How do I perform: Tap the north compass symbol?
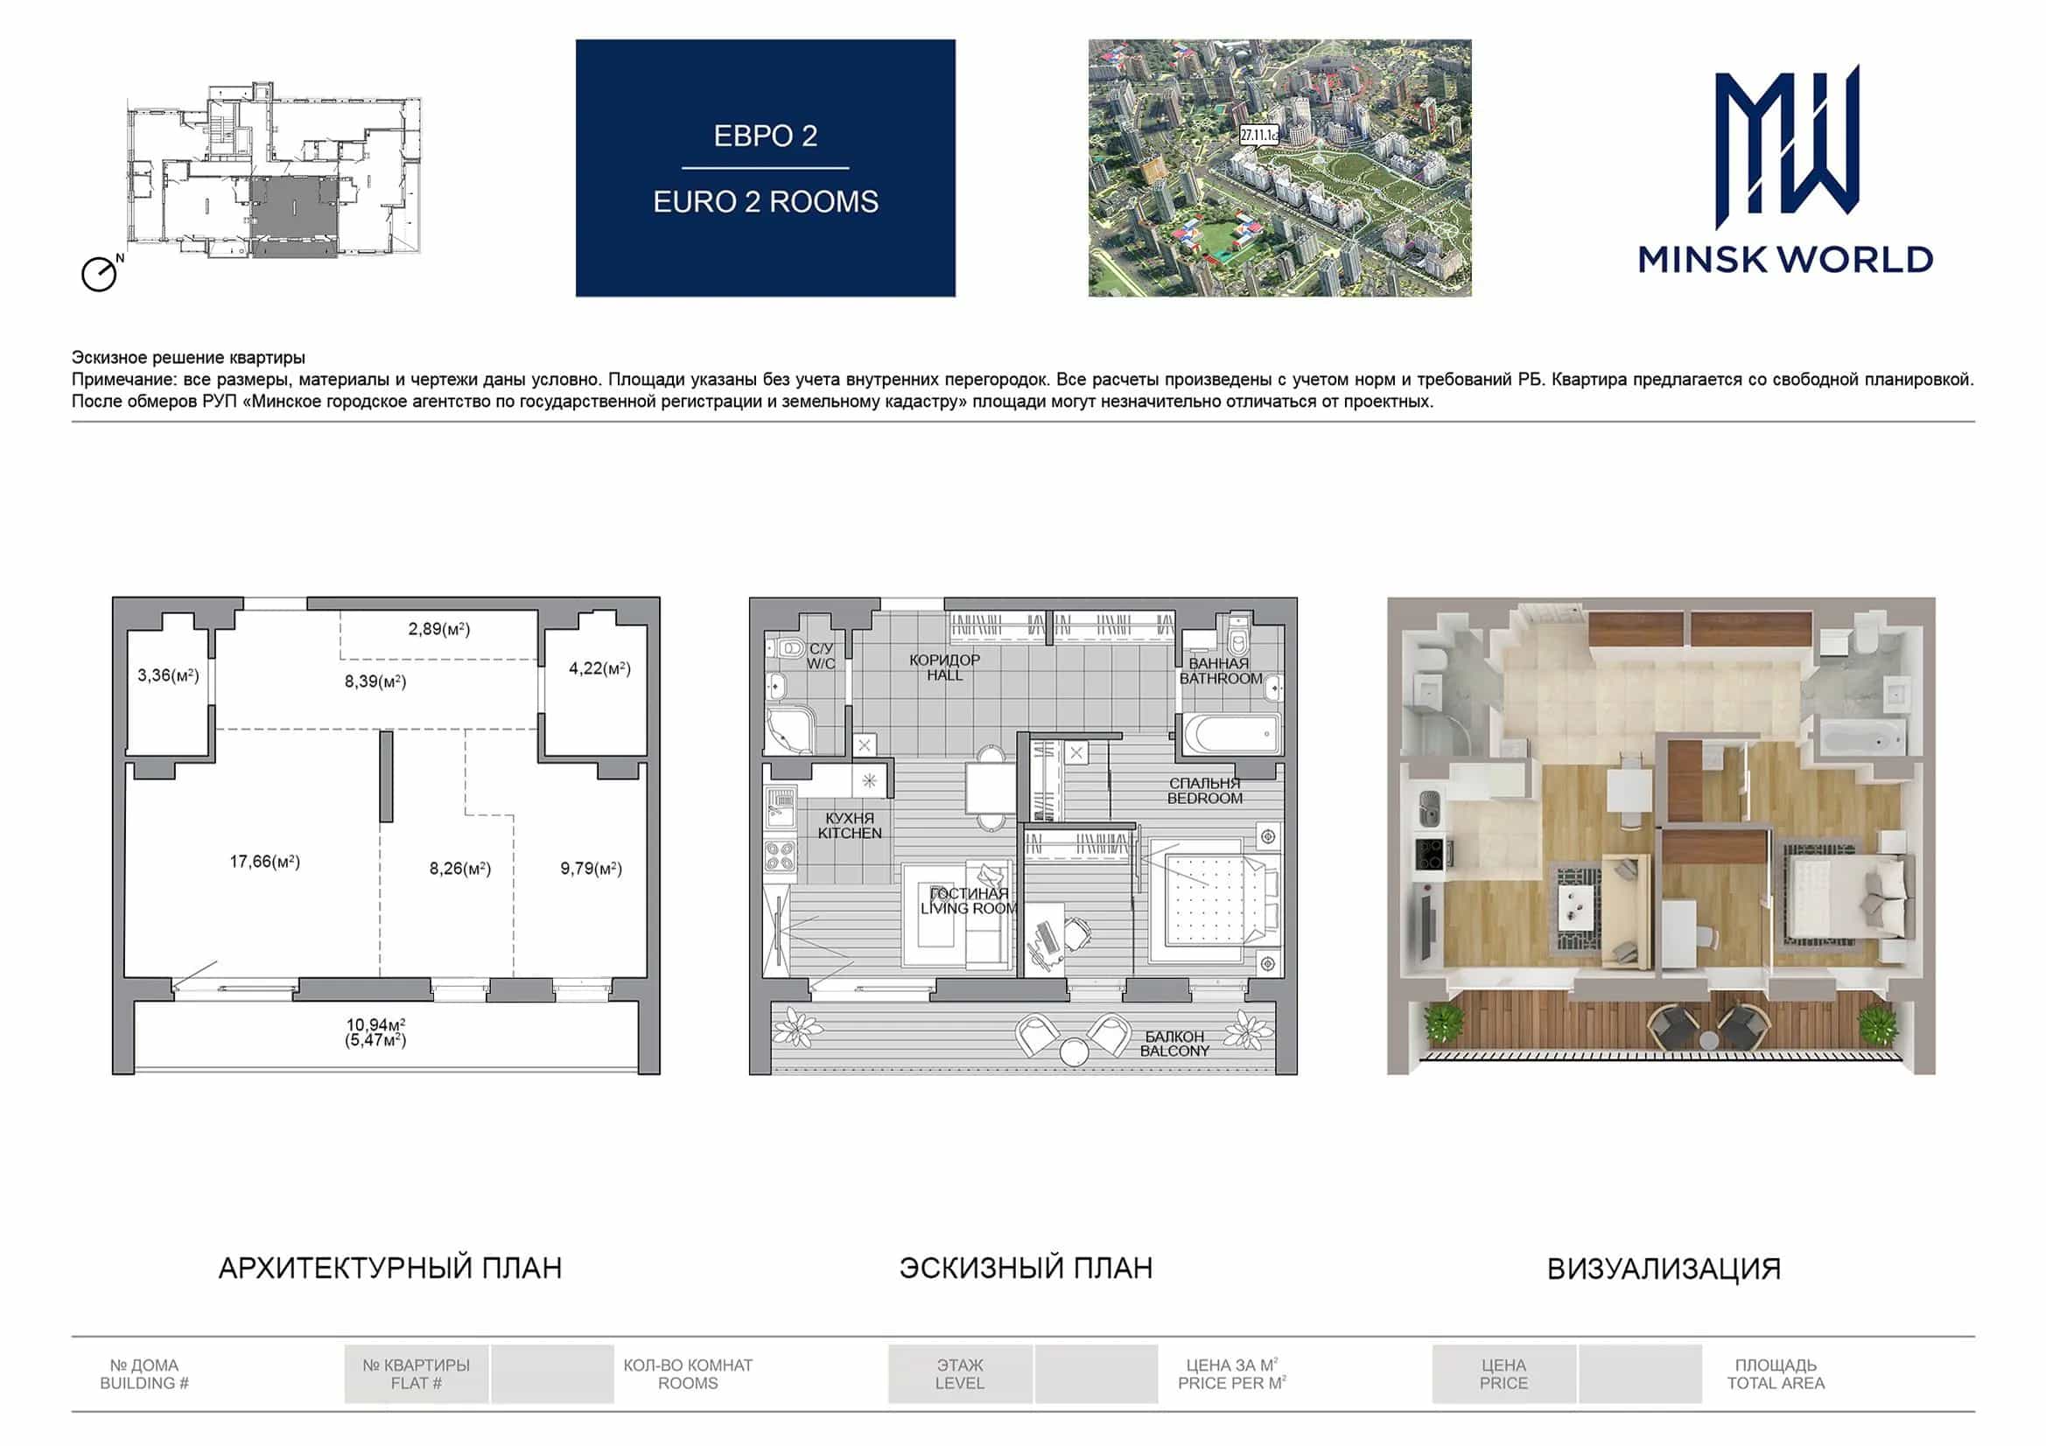pos(101,273)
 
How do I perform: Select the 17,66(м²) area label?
pos(264,862)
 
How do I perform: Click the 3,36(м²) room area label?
pos(168,675)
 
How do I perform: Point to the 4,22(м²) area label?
pos(599,668)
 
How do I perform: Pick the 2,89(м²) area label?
pos(439,629)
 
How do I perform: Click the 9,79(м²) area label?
pos(591,868)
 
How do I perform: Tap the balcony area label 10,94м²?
pos(376,1024)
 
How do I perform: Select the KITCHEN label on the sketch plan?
pos(850,833)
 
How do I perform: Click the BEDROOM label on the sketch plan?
pos(1205,799)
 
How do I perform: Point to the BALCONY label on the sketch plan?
pos(1174,1051)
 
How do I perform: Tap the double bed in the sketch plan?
pos(1212,902)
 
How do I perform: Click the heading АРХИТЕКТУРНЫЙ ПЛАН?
pos(390,1268)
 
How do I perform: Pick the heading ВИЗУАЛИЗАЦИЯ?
pos(1664,1268)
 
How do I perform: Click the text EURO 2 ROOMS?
pos(766,202)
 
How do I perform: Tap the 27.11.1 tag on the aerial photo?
pos(1259,136)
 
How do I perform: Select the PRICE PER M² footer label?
pos(1231,1383)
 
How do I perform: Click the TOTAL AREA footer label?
pos(1776,1384)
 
